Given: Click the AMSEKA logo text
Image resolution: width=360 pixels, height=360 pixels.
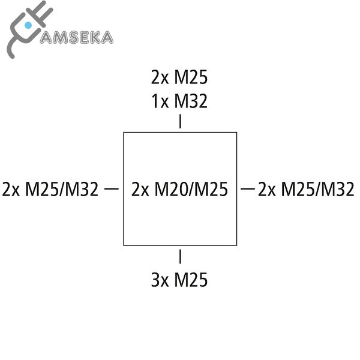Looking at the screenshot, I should point(76,37).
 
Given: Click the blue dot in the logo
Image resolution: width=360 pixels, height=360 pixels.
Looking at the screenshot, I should point(28,25).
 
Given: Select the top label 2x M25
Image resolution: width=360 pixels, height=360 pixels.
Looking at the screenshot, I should point(179,78).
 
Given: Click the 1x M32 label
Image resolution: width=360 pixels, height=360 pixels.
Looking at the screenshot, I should point(179,101).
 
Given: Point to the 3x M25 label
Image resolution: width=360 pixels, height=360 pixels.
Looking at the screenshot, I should point(179,280).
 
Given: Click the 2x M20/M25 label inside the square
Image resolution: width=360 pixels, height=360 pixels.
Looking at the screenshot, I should point(179,190).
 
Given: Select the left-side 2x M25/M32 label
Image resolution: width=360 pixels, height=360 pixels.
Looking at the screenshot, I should point(50,190).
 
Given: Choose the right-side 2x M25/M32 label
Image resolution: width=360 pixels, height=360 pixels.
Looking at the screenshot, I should point(305,190).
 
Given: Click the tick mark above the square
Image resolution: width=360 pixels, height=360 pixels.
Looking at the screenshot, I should point(180,122).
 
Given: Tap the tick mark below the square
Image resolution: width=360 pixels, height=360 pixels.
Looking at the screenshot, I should point(180,257).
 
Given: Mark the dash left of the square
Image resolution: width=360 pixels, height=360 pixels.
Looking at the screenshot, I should point(111,190).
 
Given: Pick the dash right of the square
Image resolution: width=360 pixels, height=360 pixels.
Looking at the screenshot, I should point(247,190).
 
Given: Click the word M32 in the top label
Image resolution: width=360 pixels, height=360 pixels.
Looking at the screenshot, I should point(191,101).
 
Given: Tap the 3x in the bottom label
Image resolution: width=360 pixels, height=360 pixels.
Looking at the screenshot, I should point(160,280).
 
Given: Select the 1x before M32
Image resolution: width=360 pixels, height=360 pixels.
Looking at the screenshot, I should point(160,101).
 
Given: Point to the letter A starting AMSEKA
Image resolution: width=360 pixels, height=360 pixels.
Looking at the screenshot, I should point(46,38).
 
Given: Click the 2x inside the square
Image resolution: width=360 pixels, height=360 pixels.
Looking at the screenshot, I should point(140,190).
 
